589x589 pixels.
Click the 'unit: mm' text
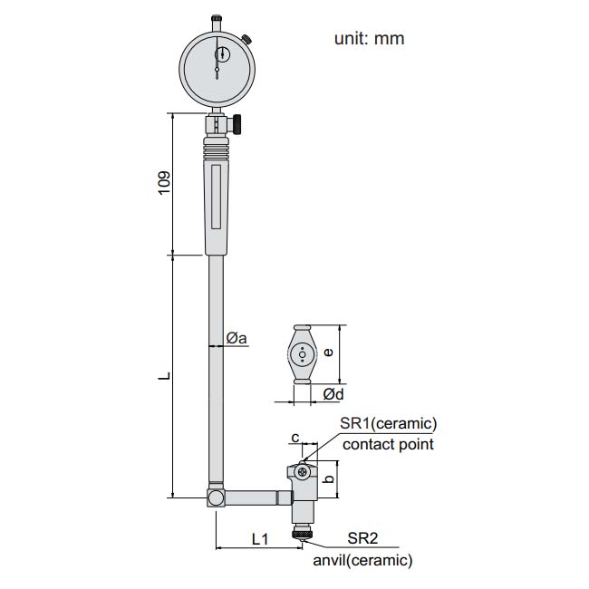[x=369, y=39]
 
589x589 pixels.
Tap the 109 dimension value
[x=165, y=183]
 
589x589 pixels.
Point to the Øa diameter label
[x=237, y=338]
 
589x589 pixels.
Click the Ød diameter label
[x=333, y=394]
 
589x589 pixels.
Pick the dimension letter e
[x=328, y=352]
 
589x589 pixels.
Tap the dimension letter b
[x=328, y=478]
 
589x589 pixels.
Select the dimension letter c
[x=295, y=438]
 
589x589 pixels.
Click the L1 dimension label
[x=260, y=539]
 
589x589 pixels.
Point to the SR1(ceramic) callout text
[x=389, y=424]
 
